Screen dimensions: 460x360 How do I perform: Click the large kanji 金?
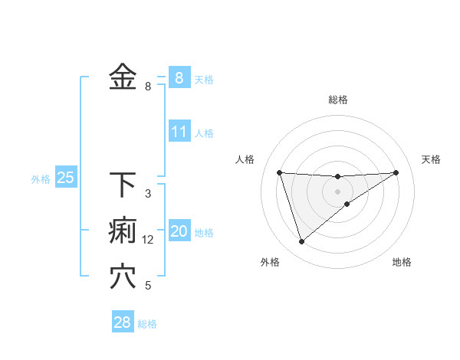click(123, 77)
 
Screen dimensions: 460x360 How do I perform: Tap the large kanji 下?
click(123, 185)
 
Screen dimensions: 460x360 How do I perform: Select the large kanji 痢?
click(123, 231)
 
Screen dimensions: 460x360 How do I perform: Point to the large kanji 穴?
click(123, 277)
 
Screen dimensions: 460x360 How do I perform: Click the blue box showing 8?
click(179, 77)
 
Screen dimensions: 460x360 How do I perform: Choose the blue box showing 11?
click(179, 132)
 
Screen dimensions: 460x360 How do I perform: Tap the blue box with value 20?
click(179, 231)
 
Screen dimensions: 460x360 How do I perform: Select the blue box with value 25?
click(65, 178)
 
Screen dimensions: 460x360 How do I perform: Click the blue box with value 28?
click(122, 322)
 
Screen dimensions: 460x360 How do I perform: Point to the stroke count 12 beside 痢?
click(148, 240)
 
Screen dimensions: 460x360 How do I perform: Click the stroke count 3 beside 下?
click(148, 194)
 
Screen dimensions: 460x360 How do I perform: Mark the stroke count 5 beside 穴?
click(148, 286)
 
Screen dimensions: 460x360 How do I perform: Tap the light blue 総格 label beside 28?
click(147, 324)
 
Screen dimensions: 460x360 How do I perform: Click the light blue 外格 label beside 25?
click(41, 179)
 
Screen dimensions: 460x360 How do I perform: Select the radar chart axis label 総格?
click(338, 100)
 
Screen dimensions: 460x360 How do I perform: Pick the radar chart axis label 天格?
click(431, 159)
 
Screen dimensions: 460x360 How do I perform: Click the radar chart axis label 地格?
click(402, 262)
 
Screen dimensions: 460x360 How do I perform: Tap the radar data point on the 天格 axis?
click(396, 172)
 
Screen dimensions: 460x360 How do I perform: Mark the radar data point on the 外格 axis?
click(301, 242)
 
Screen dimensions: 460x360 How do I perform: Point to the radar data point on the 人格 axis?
click(279, 172)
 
